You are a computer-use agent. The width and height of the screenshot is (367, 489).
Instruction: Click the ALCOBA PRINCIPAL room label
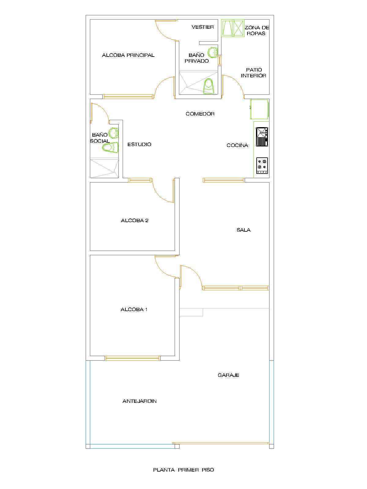128,55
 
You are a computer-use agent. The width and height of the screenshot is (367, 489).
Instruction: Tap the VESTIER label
202,27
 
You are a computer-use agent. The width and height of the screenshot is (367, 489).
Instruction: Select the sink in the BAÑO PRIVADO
213,52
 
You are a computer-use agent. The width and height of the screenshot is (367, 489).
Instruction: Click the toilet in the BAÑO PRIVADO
209,86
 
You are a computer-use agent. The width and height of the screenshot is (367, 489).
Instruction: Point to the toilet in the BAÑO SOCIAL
110,147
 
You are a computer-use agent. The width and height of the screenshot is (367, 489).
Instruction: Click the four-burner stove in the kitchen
262,166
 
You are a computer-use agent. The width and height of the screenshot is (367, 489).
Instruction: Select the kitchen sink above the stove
262,137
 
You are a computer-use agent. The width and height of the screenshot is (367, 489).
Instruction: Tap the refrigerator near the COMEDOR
259,109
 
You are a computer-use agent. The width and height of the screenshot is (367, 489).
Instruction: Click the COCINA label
237,145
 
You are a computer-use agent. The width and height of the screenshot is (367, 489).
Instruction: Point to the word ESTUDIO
139,144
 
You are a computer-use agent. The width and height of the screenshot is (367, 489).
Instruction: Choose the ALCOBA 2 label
135,220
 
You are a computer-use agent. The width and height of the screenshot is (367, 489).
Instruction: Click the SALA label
243,230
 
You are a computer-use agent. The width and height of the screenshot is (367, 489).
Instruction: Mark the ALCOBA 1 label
134,309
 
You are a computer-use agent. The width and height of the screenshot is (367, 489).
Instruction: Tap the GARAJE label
228,375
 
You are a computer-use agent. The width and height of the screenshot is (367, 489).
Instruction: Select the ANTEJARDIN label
139,401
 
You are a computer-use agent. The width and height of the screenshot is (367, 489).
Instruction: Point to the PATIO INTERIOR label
253,73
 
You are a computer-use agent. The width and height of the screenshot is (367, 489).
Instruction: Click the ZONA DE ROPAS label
257,31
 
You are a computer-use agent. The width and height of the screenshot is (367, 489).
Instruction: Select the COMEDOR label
200,114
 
